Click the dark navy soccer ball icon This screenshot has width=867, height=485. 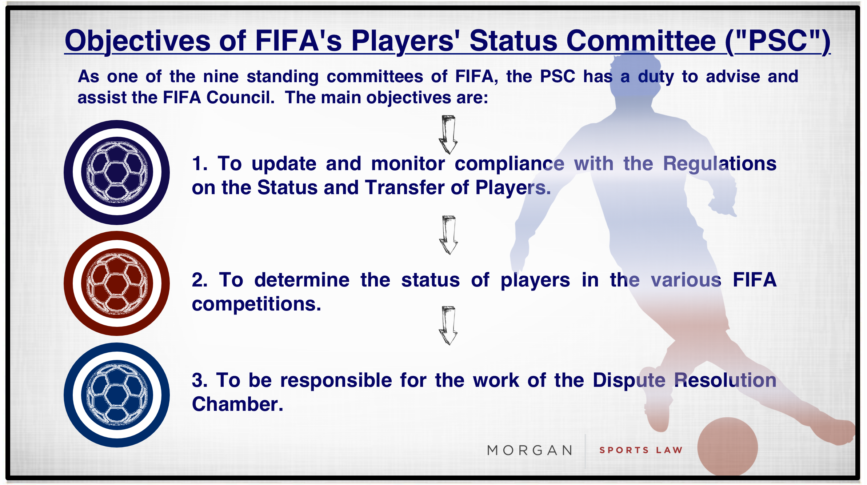117,172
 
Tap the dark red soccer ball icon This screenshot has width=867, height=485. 117,283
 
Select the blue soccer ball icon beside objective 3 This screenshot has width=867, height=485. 117,395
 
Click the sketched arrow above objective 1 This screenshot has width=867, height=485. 448,135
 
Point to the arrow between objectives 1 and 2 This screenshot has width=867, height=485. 448,235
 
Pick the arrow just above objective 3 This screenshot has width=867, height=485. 448,325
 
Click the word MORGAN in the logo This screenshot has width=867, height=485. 530,450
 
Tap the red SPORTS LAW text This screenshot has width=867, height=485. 641,450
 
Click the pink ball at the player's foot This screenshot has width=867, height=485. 727,446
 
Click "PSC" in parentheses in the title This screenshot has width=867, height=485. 778,41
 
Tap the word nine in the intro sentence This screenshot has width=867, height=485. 221,77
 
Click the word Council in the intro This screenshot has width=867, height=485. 240,97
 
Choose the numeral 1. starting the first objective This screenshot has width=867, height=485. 200,164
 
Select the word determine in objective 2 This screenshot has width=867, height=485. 302,280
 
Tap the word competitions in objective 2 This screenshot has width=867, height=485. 256,304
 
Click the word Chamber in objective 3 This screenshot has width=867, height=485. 237,404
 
